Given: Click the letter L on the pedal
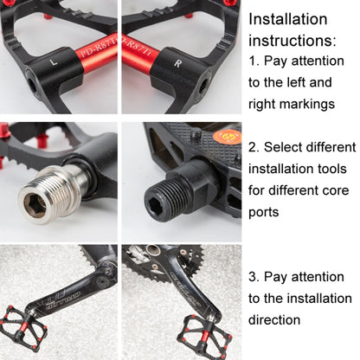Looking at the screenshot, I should click(x=55, y=63).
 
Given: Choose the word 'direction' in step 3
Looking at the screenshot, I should click(x=275, y=319).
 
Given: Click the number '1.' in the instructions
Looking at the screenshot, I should click(x=254, y=62).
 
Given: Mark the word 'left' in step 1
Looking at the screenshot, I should click(x=278, y=82).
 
